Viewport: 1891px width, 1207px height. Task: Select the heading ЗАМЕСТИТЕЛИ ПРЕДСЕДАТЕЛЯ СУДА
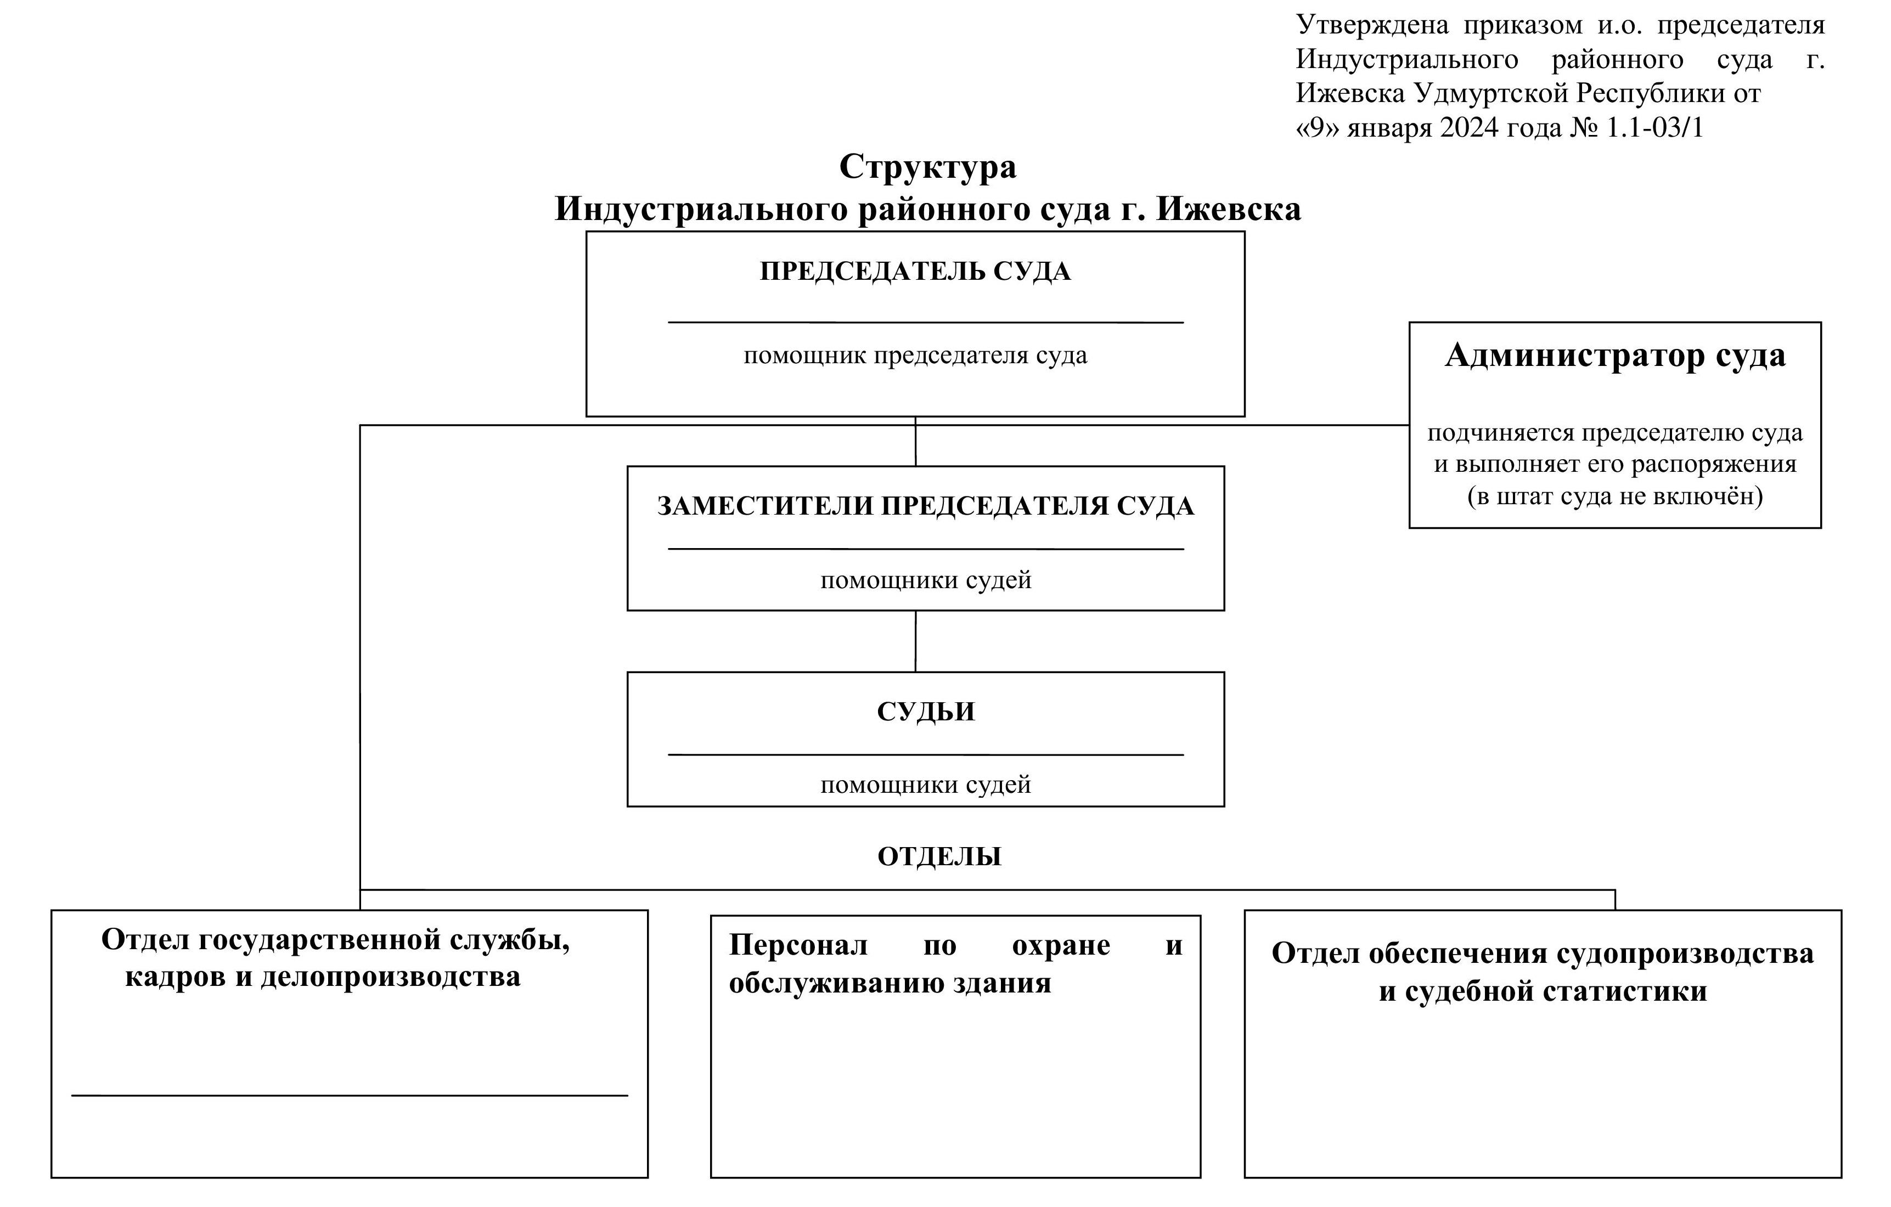[926, 506]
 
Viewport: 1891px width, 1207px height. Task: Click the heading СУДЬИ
[926, 712]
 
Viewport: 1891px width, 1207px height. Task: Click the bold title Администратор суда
[1616, 355]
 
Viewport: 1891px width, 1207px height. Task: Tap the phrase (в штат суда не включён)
[1616, 497]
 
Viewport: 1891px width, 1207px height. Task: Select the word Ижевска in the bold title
[1229, 209]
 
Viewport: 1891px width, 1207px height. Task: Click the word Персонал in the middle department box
[798, 945]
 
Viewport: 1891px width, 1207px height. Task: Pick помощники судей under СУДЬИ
[926, 785]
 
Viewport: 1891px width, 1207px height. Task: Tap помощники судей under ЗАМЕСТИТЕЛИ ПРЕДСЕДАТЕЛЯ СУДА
[926, 580]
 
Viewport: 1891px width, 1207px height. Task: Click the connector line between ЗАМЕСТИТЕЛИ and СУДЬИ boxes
[916, 641]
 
